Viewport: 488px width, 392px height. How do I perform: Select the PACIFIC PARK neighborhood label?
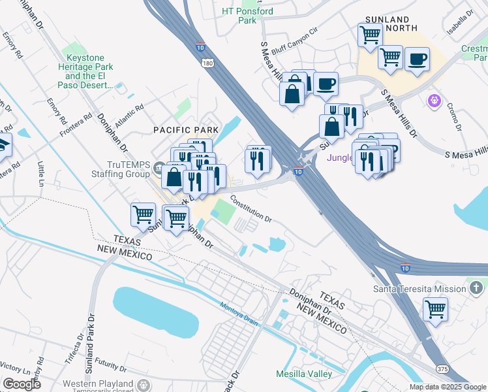[x=186, y=130]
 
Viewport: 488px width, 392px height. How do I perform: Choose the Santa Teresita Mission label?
[x=419, y=289]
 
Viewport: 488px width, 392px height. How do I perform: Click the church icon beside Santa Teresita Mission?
[x=477, y=287]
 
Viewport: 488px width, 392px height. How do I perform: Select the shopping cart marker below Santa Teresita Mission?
[x=435, y=308]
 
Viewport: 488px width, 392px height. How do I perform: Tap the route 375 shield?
[x=442, y=369]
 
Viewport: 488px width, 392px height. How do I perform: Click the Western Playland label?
[x=99, y=382]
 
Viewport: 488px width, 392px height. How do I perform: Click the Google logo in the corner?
[x=22, y=384]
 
